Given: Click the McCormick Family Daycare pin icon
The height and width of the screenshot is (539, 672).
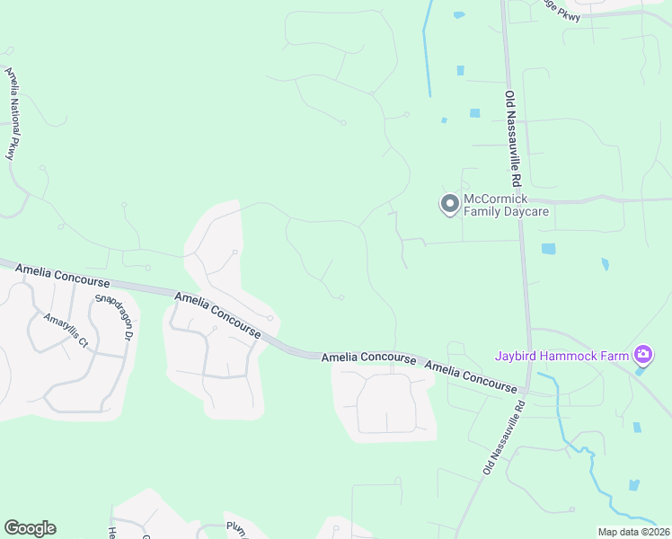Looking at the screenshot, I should [x=449, y=205].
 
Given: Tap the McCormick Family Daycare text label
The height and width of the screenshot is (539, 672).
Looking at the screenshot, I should [x=506, y=205].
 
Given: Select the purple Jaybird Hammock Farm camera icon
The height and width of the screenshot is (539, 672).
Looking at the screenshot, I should [x=642, y=355].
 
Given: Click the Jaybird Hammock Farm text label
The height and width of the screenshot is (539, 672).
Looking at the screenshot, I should [x=561, y=356].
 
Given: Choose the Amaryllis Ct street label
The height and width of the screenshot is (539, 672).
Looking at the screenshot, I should [x=71, y=330].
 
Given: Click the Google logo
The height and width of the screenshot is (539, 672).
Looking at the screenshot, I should [x=30, y=528].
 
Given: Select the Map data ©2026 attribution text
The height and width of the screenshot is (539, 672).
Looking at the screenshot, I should [x=633, y=532].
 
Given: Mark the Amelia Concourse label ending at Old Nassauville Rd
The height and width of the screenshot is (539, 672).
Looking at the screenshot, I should [x=471, y=377].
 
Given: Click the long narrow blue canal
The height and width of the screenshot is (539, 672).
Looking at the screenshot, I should [x=426, y=49].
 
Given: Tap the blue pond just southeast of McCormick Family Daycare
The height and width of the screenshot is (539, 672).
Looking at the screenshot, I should [x=548, y=249].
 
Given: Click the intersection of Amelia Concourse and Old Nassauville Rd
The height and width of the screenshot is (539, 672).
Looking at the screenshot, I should [x=528, y=390].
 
